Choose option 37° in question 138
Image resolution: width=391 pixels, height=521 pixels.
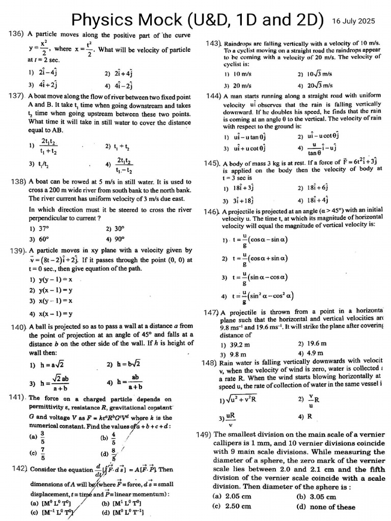(40, 229)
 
